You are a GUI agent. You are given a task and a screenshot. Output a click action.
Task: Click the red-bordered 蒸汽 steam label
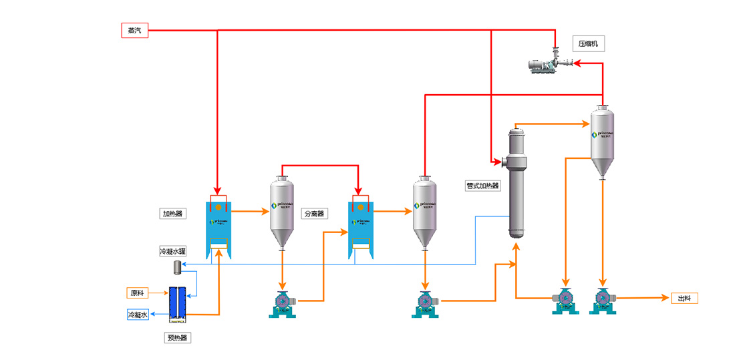(x=134, y=30)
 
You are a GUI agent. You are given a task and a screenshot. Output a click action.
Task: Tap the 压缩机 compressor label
(x=591, y=44)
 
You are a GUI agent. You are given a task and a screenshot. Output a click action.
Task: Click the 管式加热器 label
(x=482, y=186)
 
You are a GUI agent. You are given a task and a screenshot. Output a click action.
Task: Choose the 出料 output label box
(x=684, y=299)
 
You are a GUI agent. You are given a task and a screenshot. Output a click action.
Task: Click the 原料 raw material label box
(x=138, y=293)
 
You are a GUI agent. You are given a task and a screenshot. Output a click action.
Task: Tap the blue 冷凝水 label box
(x=138, y=314)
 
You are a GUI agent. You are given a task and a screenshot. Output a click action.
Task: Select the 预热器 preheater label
(x=178, y=338)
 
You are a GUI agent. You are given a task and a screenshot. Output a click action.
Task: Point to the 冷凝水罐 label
(x=172, y=251)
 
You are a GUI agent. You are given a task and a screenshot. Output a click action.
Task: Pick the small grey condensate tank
(x=178, y=267)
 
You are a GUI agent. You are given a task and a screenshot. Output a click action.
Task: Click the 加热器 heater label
(x=172, y=214)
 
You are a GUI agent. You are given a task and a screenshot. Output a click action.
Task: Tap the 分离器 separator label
(x=314, y=214)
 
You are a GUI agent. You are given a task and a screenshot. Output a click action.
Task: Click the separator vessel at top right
(x=603, y=141)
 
